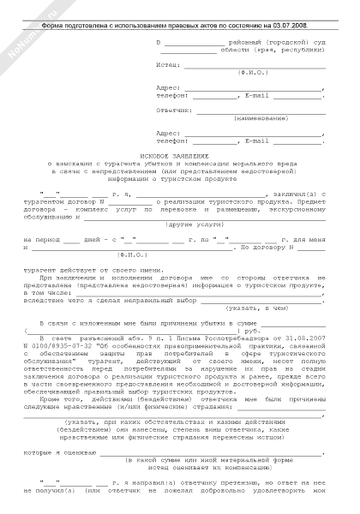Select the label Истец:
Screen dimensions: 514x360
point(169,64)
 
